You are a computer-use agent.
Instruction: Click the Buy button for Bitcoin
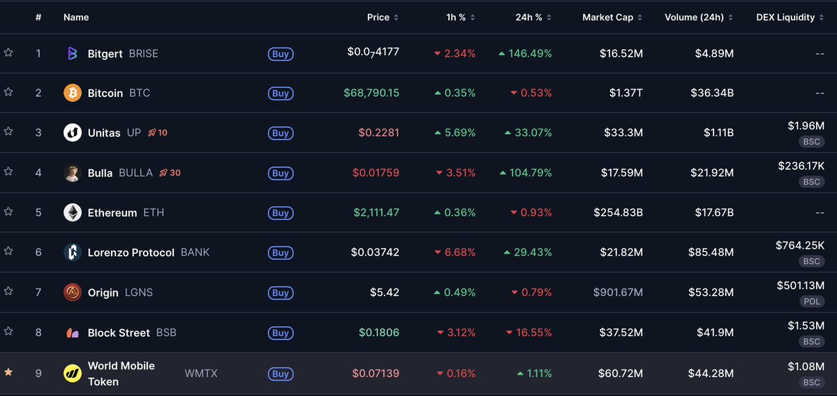click(280, 94)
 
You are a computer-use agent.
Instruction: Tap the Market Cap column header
click(607, 17)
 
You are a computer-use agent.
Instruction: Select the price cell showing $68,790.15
click(371, 93)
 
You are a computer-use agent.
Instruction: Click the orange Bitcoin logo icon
click(73, 93)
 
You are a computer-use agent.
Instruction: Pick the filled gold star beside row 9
click(8, 372)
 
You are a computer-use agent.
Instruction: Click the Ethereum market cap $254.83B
click(618, 212)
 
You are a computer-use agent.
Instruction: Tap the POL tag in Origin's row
click(810, 301)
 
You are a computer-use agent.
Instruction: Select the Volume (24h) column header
click(694, 17)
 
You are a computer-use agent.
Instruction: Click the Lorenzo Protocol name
click(131, 253)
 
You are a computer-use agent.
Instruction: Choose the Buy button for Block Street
click(280, 333)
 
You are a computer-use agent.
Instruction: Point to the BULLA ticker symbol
click(135, 173)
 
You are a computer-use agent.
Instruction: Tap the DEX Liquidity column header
click(785, 17)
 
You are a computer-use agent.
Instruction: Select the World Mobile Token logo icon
click(73, 374)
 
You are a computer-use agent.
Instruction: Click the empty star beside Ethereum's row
click(8, 212)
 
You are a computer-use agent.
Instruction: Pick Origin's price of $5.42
click(385, 293)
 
